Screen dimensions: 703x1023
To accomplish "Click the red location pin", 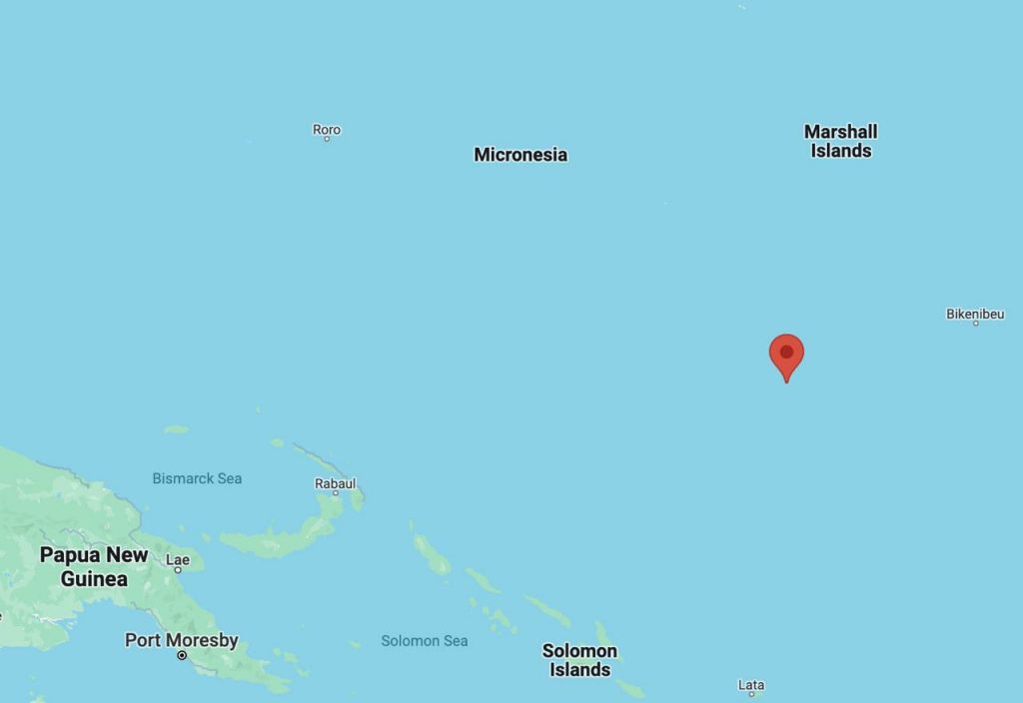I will coord(786,356).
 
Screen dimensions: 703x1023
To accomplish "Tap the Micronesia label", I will coord(520,155).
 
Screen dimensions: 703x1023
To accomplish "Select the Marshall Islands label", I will coord(840,141).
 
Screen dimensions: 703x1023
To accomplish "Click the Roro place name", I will coord(327,129).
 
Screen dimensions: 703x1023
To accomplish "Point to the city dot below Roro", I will coord(327,139).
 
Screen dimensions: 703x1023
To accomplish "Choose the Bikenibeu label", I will coord(975,314).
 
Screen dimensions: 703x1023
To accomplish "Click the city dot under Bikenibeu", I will coord(975,324).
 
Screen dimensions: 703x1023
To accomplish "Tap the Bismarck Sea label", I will coord(197,478).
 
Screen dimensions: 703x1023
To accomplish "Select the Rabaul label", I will coord(335,483).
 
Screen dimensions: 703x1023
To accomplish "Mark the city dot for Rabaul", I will coord(336,493).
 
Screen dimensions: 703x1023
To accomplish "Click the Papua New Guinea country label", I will coord(94,566).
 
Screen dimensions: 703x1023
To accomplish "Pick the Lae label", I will coord(178,559).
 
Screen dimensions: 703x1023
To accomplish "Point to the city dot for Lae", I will coord(178,569).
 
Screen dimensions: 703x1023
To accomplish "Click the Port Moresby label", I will coord(181,640).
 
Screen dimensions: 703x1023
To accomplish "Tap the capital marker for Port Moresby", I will coord(181,655).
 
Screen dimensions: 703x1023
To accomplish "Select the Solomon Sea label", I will coord(425,640).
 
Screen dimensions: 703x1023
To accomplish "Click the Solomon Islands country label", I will coord(579,660).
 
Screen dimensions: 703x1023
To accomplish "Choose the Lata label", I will coord(750,684).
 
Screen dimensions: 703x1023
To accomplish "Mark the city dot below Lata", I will coord(751,694).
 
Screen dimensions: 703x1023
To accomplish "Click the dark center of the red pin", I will coord(786,351).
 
